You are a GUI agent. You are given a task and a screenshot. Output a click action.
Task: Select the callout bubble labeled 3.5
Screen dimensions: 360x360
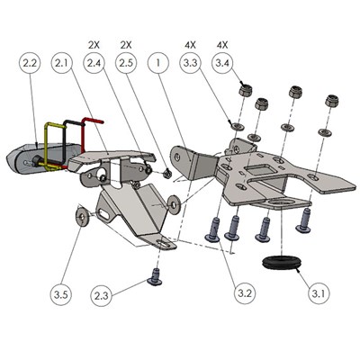point(62,294)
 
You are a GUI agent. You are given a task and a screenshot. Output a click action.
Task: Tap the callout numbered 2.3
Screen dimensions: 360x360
point(103,294)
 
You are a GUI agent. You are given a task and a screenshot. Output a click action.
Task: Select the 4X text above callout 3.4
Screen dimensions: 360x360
point(222,43)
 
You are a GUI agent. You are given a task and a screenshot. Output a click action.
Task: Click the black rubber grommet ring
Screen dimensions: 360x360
point(282,263)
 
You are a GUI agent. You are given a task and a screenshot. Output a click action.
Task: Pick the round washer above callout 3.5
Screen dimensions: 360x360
point(84,216)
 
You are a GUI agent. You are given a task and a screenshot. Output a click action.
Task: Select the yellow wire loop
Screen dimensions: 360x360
point(52,144)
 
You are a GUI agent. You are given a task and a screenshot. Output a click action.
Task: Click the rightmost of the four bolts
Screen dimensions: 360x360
point(303,219)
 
